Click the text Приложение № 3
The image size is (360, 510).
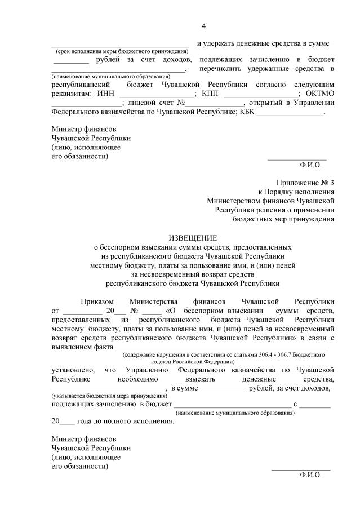[305, 183]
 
